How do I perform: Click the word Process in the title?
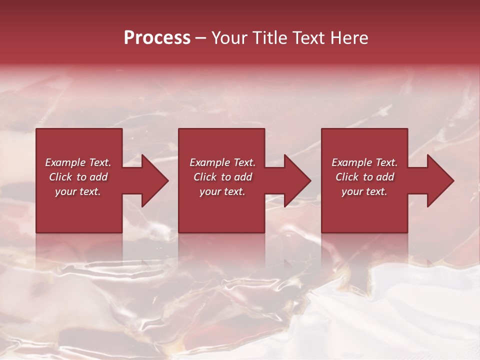pos(157,38)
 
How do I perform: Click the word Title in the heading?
pos(269,38)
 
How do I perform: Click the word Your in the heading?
pos(229,38)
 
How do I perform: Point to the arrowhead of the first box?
pos(155,180)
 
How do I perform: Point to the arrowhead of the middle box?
pos(297,180)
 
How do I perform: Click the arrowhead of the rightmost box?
pos(440,180)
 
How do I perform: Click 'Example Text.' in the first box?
pos(78,162)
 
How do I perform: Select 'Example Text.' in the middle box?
pos(222,162)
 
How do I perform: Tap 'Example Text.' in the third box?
pos(364,162)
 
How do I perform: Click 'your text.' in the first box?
pos(78,191)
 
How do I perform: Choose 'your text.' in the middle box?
pos(222,191)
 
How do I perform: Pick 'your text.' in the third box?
pos(364,191)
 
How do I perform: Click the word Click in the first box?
pos(60,177)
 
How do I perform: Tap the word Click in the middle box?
pos(205,177)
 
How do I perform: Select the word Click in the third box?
pos(347,177)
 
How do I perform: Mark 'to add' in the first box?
pos(92,177)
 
